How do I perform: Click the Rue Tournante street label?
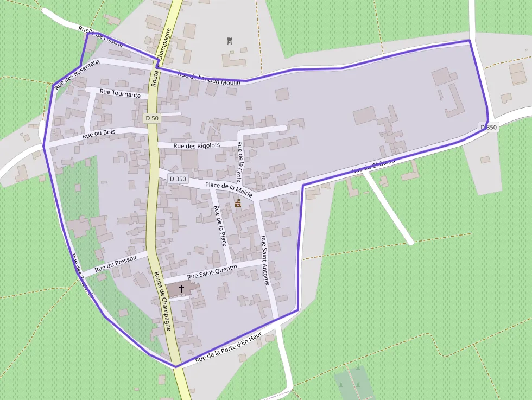[120, 93]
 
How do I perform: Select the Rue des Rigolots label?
[197, 145]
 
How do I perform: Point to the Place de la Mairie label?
[229, 188]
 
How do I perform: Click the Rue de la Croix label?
[239, 161]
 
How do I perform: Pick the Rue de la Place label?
[219, 225]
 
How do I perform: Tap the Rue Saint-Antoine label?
[265, 260]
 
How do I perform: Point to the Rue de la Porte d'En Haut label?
[229, 347]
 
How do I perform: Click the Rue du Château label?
[373, 166]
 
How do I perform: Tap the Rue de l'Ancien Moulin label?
[209, 78]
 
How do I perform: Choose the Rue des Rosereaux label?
[77, 78]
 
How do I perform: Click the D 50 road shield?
[152, 118]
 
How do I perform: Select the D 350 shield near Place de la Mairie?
[178, 179]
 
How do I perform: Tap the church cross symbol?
[181, 289]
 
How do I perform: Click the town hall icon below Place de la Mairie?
[238, 203]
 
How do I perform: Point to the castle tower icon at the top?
[229, 40]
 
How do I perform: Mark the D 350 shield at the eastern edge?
[489, 127]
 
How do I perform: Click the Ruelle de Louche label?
[101, 36]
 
